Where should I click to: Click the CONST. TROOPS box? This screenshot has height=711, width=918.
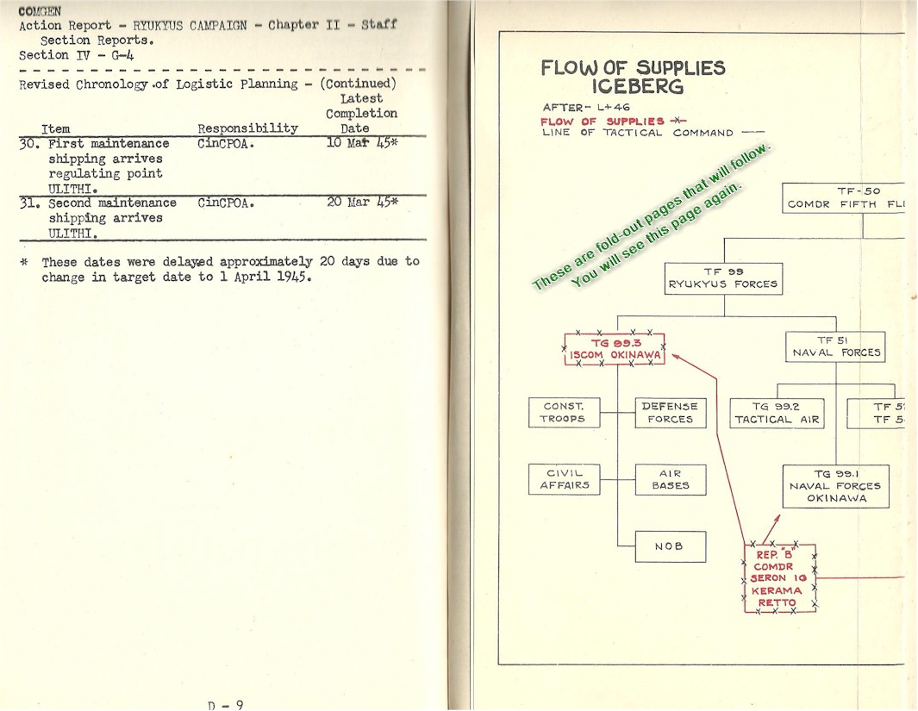(564, 413)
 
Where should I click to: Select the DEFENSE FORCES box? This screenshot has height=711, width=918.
(670, 413)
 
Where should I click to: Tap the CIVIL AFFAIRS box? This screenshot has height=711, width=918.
(564, 479)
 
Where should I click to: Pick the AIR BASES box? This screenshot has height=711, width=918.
(670, 479)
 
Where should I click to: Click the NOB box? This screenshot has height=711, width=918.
(670, 546)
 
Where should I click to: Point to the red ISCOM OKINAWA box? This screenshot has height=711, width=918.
(615, 349)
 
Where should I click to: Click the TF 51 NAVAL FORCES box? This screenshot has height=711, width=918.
(836, 346)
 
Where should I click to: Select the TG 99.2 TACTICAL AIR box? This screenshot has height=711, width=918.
(777, 413)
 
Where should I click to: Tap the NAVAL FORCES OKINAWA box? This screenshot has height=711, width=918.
(835, 486)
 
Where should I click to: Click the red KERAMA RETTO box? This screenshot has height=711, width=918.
(779, 578)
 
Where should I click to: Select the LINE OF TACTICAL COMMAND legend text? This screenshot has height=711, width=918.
(638, 133)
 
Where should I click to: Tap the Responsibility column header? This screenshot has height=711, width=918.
(247, 128)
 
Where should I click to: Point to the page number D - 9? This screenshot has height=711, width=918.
(226, 704)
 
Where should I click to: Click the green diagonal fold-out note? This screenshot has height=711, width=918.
(651, 216)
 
